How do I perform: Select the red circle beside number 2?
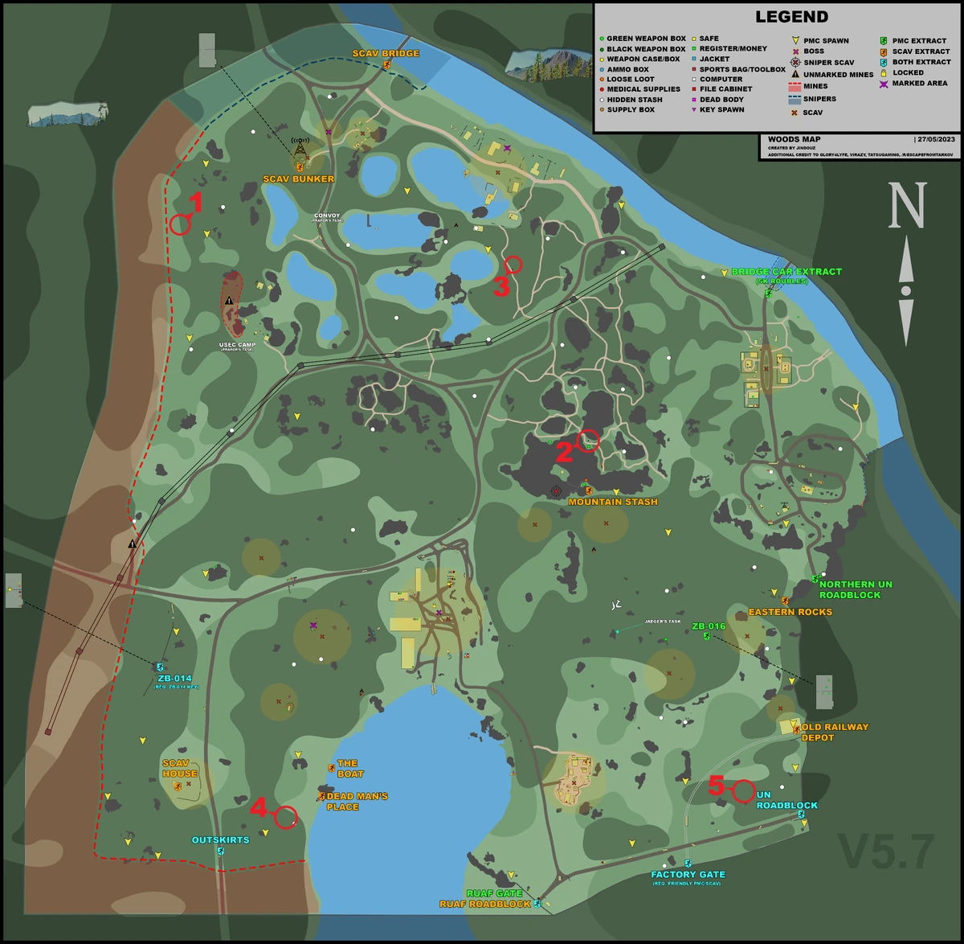point(588,441)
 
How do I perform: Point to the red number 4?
point(258,807)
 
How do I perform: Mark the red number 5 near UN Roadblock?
point(717,785)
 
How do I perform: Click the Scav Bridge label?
point(386,54)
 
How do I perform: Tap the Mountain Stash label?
point(613,502)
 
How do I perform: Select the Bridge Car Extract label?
point(786,272)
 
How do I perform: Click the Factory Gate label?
point(688,875)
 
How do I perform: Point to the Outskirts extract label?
point(220,840)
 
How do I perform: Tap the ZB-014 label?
point(175,679)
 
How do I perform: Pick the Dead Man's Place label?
point(357,801)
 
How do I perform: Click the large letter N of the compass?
point(907,205)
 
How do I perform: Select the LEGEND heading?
point(791,17)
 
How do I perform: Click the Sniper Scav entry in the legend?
point(828,62)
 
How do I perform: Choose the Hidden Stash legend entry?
point(635,100)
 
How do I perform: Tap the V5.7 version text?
point(886,852)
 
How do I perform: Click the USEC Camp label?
point(237,346)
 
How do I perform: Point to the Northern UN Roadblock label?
point(856,589)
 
